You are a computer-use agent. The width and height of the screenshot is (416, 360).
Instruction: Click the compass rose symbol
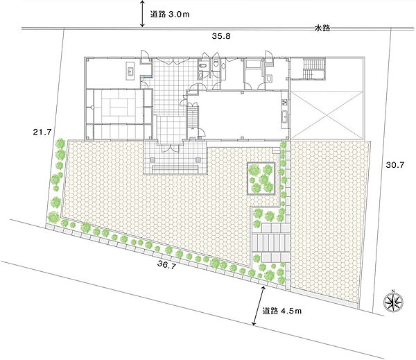click(394, 302)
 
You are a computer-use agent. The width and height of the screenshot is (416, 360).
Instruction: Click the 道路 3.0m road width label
click(170, 14)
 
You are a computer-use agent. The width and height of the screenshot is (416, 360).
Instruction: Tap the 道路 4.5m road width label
click(282, 311)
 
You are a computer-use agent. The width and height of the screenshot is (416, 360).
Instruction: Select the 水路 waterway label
click(322, 28)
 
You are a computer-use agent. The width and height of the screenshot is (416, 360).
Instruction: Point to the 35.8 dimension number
click(221, 36)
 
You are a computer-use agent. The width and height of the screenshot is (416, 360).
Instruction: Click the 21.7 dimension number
click(42, 132)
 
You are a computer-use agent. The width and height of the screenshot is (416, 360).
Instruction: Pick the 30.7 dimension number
click(395, 165)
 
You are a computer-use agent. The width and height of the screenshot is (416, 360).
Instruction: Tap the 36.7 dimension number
click(166, 264)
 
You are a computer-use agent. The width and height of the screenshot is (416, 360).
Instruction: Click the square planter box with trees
click(261, 179)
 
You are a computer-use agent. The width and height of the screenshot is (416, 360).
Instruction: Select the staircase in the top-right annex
click(314, 69)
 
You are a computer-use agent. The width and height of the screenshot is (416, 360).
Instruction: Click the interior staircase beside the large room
click(193, 117)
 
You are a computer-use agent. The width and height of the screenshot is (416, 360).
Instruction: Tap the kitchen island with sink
click(130, 71)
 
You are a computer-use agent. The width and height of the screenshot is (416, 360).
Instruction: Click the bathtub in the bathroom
click(254, 64)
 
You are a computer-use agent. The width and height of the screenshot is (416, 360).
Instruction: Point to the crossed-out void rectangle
click(327, 115)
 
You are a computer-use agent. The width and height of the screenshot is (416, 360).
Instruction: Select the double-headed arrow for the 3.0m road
click(142, 14)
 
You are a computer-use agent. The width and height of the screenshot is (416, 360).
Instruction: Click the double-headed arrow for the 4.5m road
click(259, 306)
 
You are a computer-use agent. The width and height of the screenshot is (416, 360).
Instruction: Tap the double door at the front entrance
click(170, 148)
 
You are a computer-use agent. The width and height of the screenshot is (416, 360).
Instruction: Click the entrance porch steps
click(175, 169)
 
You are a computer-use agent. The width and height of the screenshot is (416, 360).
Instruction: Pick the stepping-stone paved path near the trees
click(270, 242)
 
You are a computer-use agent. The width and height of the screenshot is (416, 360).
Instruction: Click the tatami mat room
click(118, 107)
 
